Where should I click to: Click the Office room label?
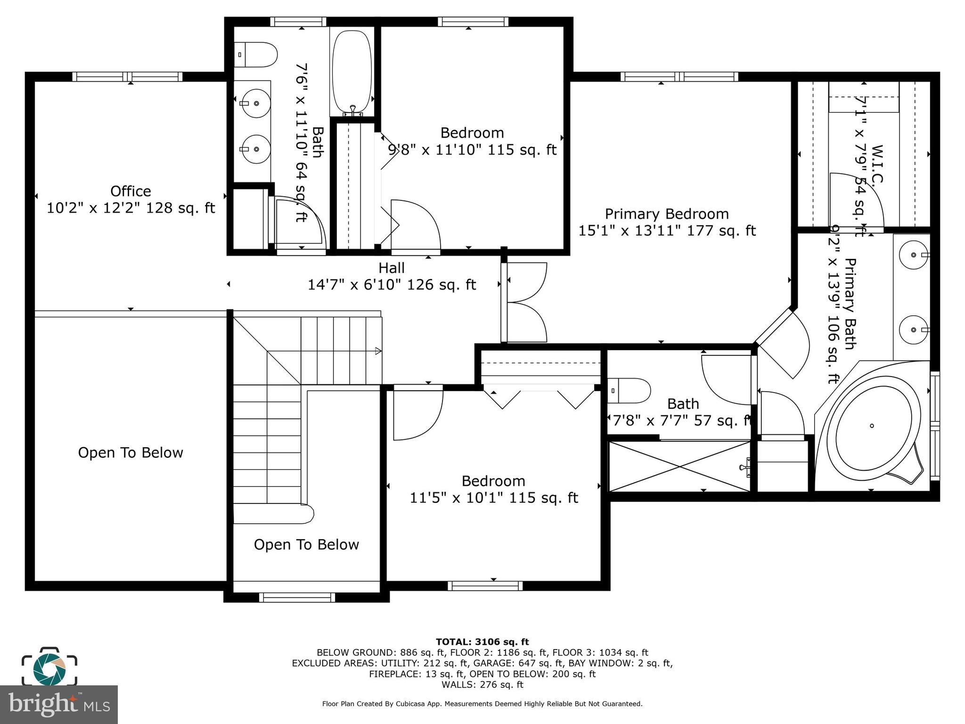(131, 191)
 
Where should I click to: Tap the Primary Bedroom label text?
(666, 214)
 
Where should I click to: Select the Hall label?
(391, 268)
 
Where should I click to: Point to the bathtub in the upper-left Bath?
(352, 71)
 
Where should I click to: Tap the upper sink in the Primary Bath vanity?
(914, 255)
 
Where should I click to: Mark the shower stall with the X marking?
(679, 466)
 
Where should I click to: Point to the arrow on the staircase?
(377, 351)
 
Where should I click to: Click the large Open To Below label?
(131, 452)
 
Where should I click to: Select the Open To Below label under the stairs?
(306, 544)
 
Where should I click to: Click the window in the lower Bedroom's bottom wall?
(485, 586)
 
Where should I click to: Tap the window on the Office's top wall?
(127, 77)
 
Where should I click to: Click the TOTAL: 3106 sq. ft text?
(482, 642)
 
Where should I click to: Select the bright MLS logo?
(58, 704)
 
